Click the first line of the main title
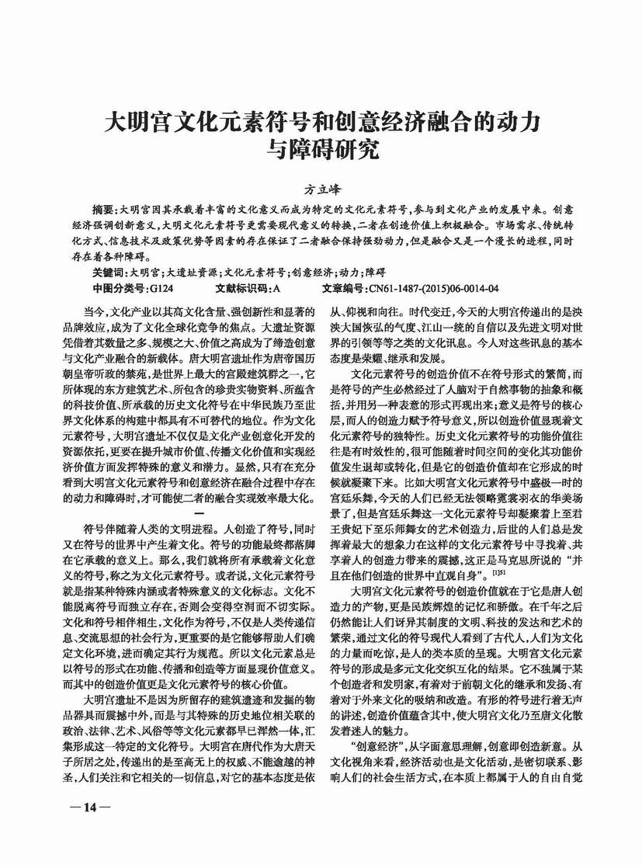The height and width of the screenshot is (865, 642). click(x=321, y=123)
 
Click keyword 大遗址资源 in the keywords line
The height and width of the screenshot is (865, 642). click(x=186, y=273)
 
